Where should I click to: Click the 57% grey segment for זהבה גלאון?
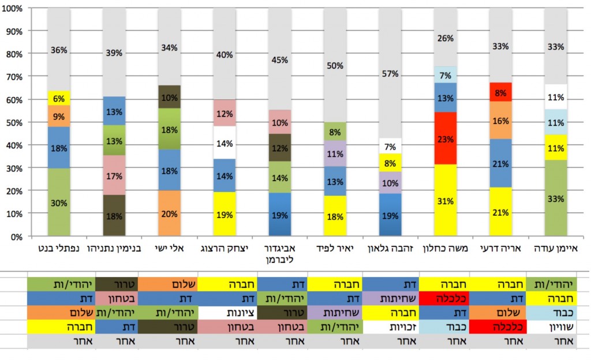click(391, 73)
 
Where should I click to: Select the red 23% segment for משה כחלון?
click(446, 138)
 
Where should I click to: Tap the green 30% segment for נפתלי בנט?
click(59, 202)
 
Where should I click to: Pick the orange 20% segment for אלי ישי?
click(169, 213)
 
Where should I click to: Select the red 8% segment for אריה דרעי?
click(501, 92)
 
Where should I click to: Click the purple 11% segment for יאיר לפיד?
click(335, 153)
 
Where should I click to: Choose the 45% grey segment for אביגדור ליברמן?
click(280, 59)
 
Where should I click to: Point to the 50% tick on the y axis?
click(14, 122)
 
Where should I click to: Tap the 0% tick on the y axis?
click(16, 237)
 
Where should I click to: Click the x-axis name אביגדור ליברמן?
click(280, 254)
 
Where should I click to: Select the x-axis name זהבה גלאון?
click(391, 249)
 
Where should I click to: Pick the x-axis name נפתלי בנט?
click(59, 249)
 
